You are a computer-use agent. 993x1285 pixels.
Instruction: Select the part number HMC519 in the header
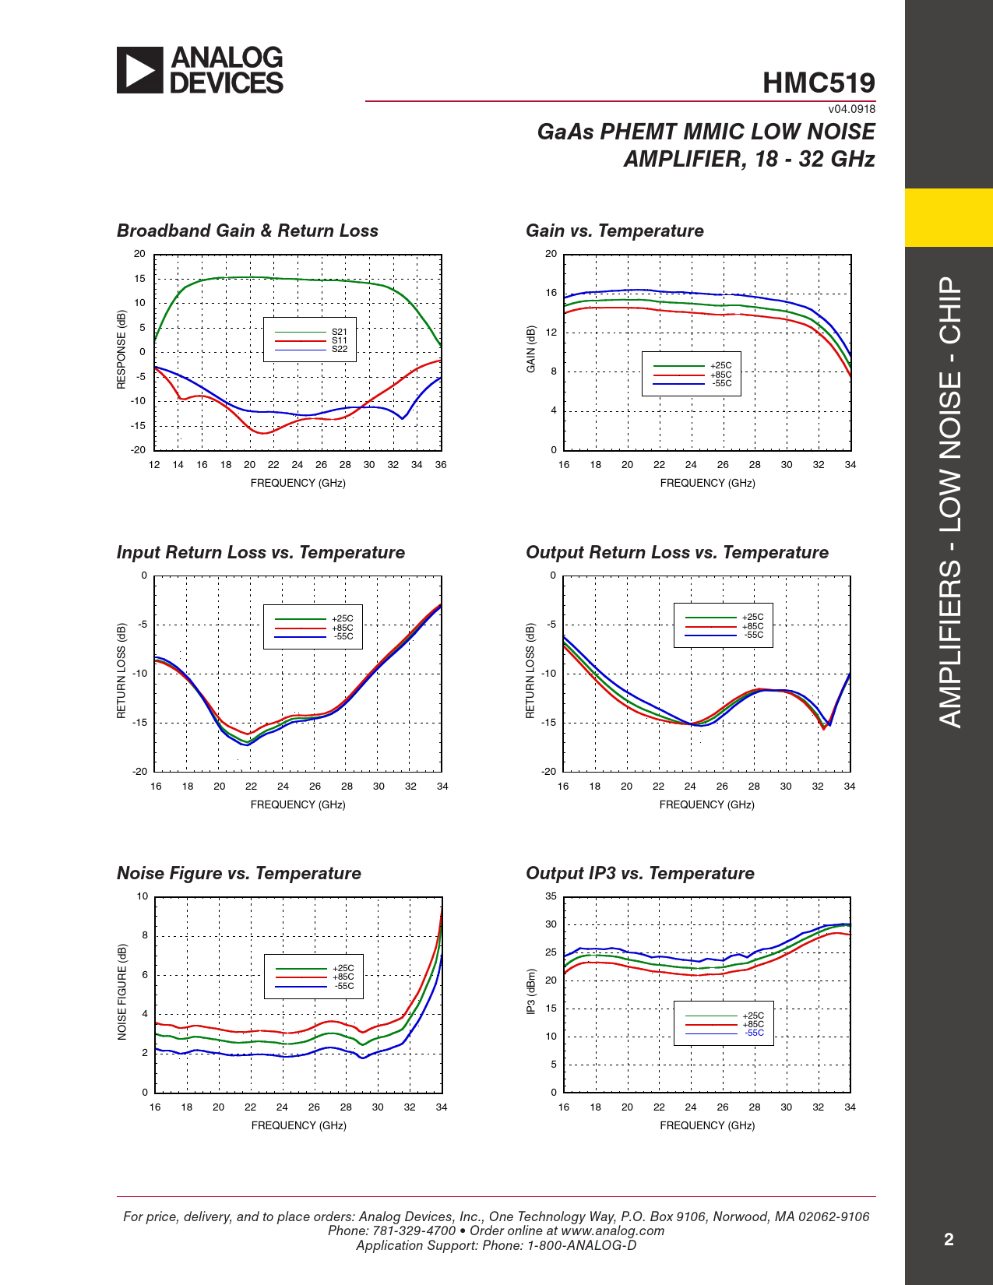point(819,83)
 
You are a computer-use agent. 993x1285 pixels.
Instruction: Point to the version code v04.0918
point(851,110)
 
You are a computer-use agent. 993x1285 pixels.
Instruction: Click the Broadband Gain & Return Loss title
point(248,231)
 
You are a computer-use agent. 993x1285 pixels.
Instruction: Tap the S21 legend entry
point(340,332)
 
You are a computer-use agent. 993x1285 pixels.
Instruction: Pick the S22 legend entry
point(340,349)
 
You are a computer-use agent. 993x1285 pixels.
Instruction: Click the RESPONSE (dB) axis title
point(121,350)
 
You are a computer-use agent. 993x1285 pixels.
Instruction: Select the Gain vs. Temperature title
point(614,231)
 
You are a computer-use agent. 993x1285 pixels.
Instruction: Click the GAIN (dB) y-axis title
point(531,349)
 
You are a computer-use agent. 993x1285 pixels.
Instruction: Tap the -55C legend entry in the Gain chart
point(722,383)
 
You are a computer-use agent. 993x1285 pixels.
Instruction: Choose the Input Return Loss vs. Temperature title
point(261,553)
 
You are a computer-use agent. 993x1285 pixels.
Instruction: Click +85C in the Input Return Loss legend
point(343,628)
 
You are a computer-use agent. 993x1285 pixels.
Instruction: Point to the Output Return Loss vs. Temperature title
point(677,553)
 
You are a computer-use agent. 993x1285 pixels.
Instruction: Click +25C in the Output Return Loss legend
point(752,618)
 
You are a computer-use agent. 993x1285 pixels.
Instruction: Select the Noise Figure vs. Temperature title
point(239,874)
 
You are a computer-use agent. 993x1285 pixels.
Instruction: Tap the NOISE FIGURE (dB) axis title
point(122,991)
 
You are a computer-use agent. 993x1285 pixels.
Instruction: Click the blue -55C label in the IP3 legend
point(754,1033)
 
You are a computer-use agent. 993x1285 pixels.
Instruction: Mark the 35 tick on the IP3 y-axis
point(551,896)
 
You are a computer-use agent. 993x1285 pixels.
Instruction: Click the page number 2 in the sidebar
point(949,1240)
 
